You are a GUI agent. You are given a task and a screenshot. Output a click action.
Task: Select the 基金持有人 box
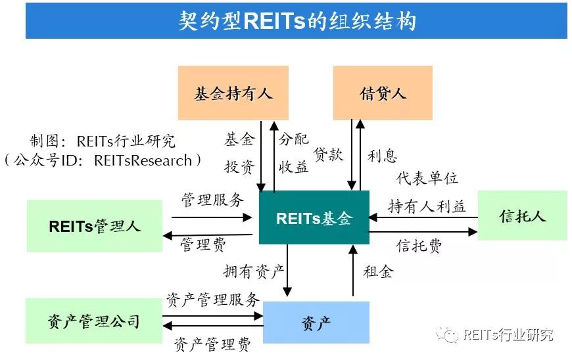pyautogui.click(x=233, y=93)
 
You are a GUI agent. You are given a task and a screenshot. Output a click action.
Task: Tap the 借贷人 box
pyautogui.click(x=383, y=93)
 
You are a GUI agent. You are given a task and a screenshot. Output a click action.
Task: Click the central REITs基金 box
pyautogui.click(x=314, y=218)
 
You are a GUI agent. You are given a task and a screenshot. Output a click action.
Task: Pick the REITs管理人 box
pyautogui.click(x=95, y=226)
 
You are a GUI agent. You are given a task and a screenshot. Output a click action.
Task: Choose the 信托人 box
pyautogui.click(x=522, y=215)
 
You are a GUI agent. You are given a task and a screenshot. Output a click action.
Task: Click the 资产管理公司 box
pyautogui.click(x=93, y=322)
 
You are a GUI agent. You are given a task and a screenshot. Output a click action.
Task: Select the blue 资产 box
pyautogui.click(x=316, y=322)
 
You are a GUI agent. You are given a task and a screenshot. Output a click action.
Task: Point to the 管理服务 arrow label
pyautogui.click(x=212, y=200)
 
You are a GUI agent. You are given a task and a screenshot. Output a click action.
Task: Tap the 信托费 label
pyautogui.click(x=419, y=246)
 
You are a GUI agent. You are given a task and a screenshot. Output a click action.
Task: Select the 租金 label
pyautogui.click(x=377, y=271)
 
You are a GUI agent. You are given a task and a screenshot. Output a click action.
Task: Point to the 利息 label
pyautogui.click(x=382, y=156)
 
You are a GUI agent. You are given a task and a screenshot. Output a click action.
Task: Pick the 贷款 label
pyautogui.click(x=328, y=154)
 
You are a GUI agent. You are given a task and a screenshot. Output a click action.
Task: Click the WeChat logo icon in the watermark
pyautogui.click(x=450, y=335)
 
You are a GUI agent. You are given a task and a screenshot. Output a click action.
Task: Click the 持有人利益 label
pyautogui.click(x=427, y=207)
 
